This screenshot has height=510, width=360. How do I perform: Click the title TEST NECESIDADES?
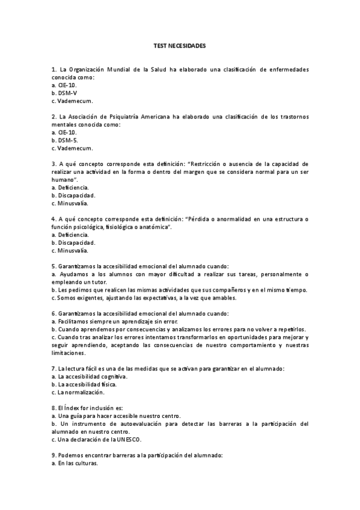click(180, 46)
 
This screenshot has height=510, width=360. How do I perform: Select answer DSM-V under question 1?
click(64, 93)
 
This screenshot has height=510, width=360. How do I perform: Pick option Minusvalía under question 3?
click(70, 203)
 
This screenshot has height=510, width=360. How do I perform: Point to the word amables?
click(223, 297)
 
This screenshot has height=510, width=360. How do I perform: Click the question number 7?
click(53, 368)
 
